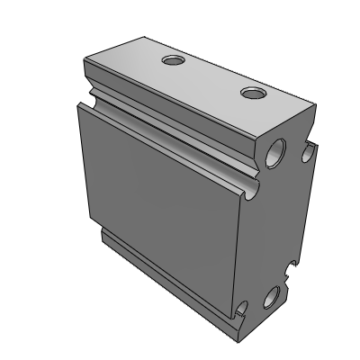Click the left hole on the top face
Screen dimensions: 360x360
click(x=172, y=61)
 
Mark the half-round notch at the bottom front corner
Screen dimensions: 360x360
click(x=241, y=312)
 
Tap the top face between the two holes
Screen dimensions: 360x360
click(x=212, y=76)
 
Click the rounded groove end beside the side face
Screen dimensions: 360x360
click(x=247, y=187)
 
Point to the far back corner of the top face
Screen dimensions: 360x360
click(x=144, y=38)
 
